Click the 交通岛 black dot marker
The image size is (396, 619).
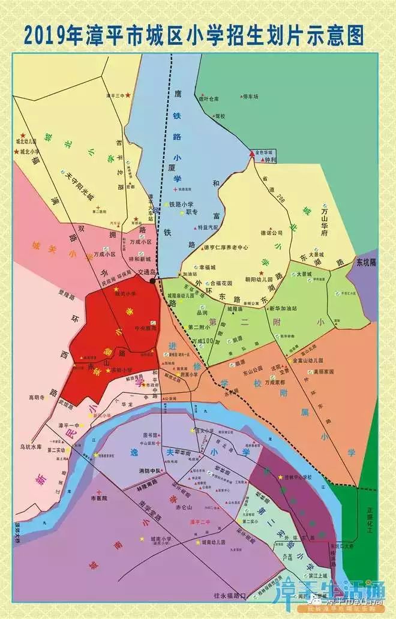(154, 280)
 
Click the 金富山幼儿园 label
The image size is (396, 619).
(307, 361)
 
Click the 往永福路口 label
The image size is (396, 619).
(230, 596)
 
